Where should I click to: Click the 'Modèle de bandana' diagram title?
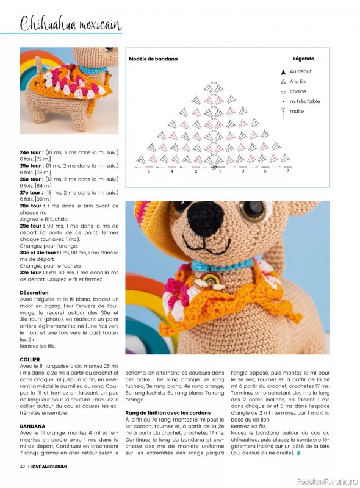tap(153, 59)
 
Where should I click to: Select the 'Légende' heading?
tap(303, 59)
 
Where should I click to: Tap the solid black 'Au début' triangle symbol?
tap(283, 72)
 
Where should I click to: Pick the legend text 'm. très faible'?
tap(304, 101)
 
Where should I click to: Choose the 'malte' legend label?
tap(297, 111)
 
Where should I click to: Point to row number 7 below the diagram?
tap(287, 171)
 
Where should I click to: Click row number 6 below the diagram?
tap(148, 171)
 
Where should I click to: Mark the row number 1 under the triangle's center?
tap(220, 171)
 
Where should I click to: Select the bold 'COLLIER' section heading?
tap(30, 360)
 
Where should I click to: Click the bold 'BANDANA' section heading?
tap(31, 426)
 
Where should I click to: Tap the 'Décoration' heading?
tap(34, 293)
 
